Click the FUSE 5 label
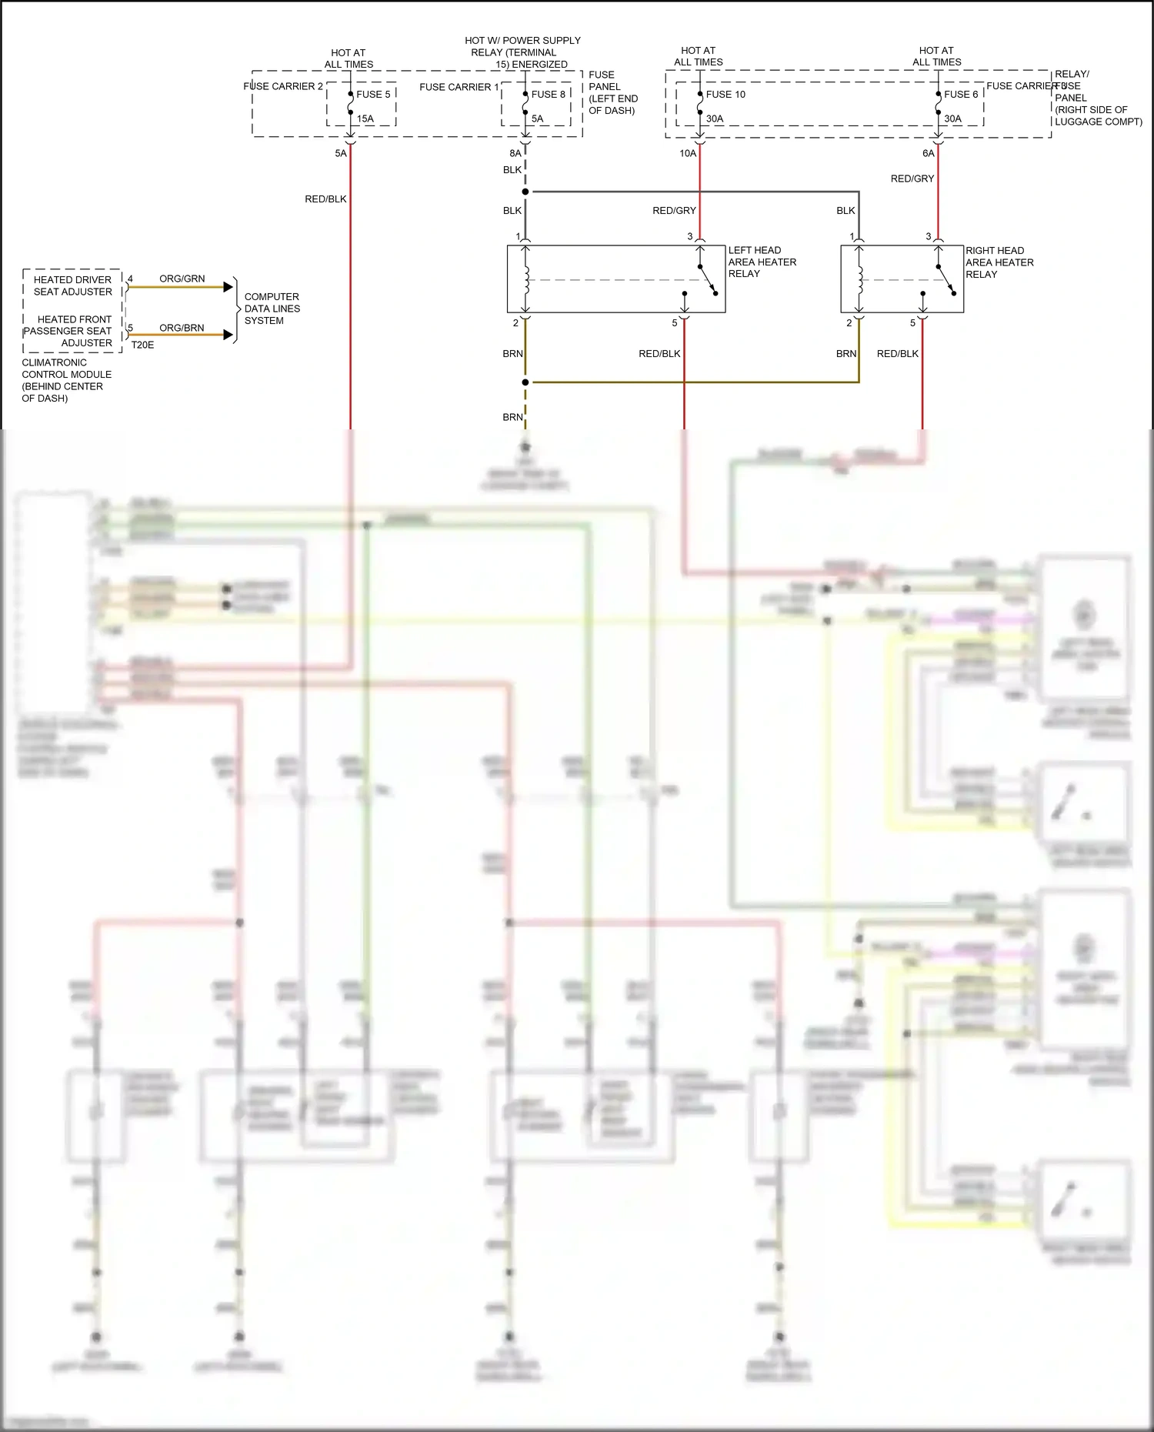(373, 95)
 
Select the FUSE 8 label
(549, 95)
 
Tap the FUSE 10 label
(725, 95)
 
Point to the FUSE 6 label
(961, 95)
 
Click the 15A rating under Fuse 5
(365, 119)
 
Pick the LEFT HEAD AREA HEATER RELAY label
(762, 262)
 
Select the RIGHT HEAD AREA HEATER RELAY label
(999, 262)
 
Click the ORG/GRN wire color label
(182, 279)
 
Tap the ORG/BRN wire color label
(182, 328)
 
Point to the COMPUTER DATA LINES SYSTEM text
(272, 309)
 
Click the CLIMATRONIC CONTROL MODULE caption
(66, 380)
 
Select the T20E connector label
(142, 345)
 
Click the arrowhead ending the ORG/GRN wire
(228, 287)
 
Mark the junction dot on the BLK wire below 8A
(525, 192)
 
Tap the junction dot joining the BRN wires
(525, 382)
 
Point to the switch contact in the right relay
(943, 280)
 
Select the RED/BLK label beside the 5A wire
(325, 199)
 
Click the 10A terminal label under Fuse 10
(687, 154)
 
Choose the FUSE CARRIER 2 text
(283, 87)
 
